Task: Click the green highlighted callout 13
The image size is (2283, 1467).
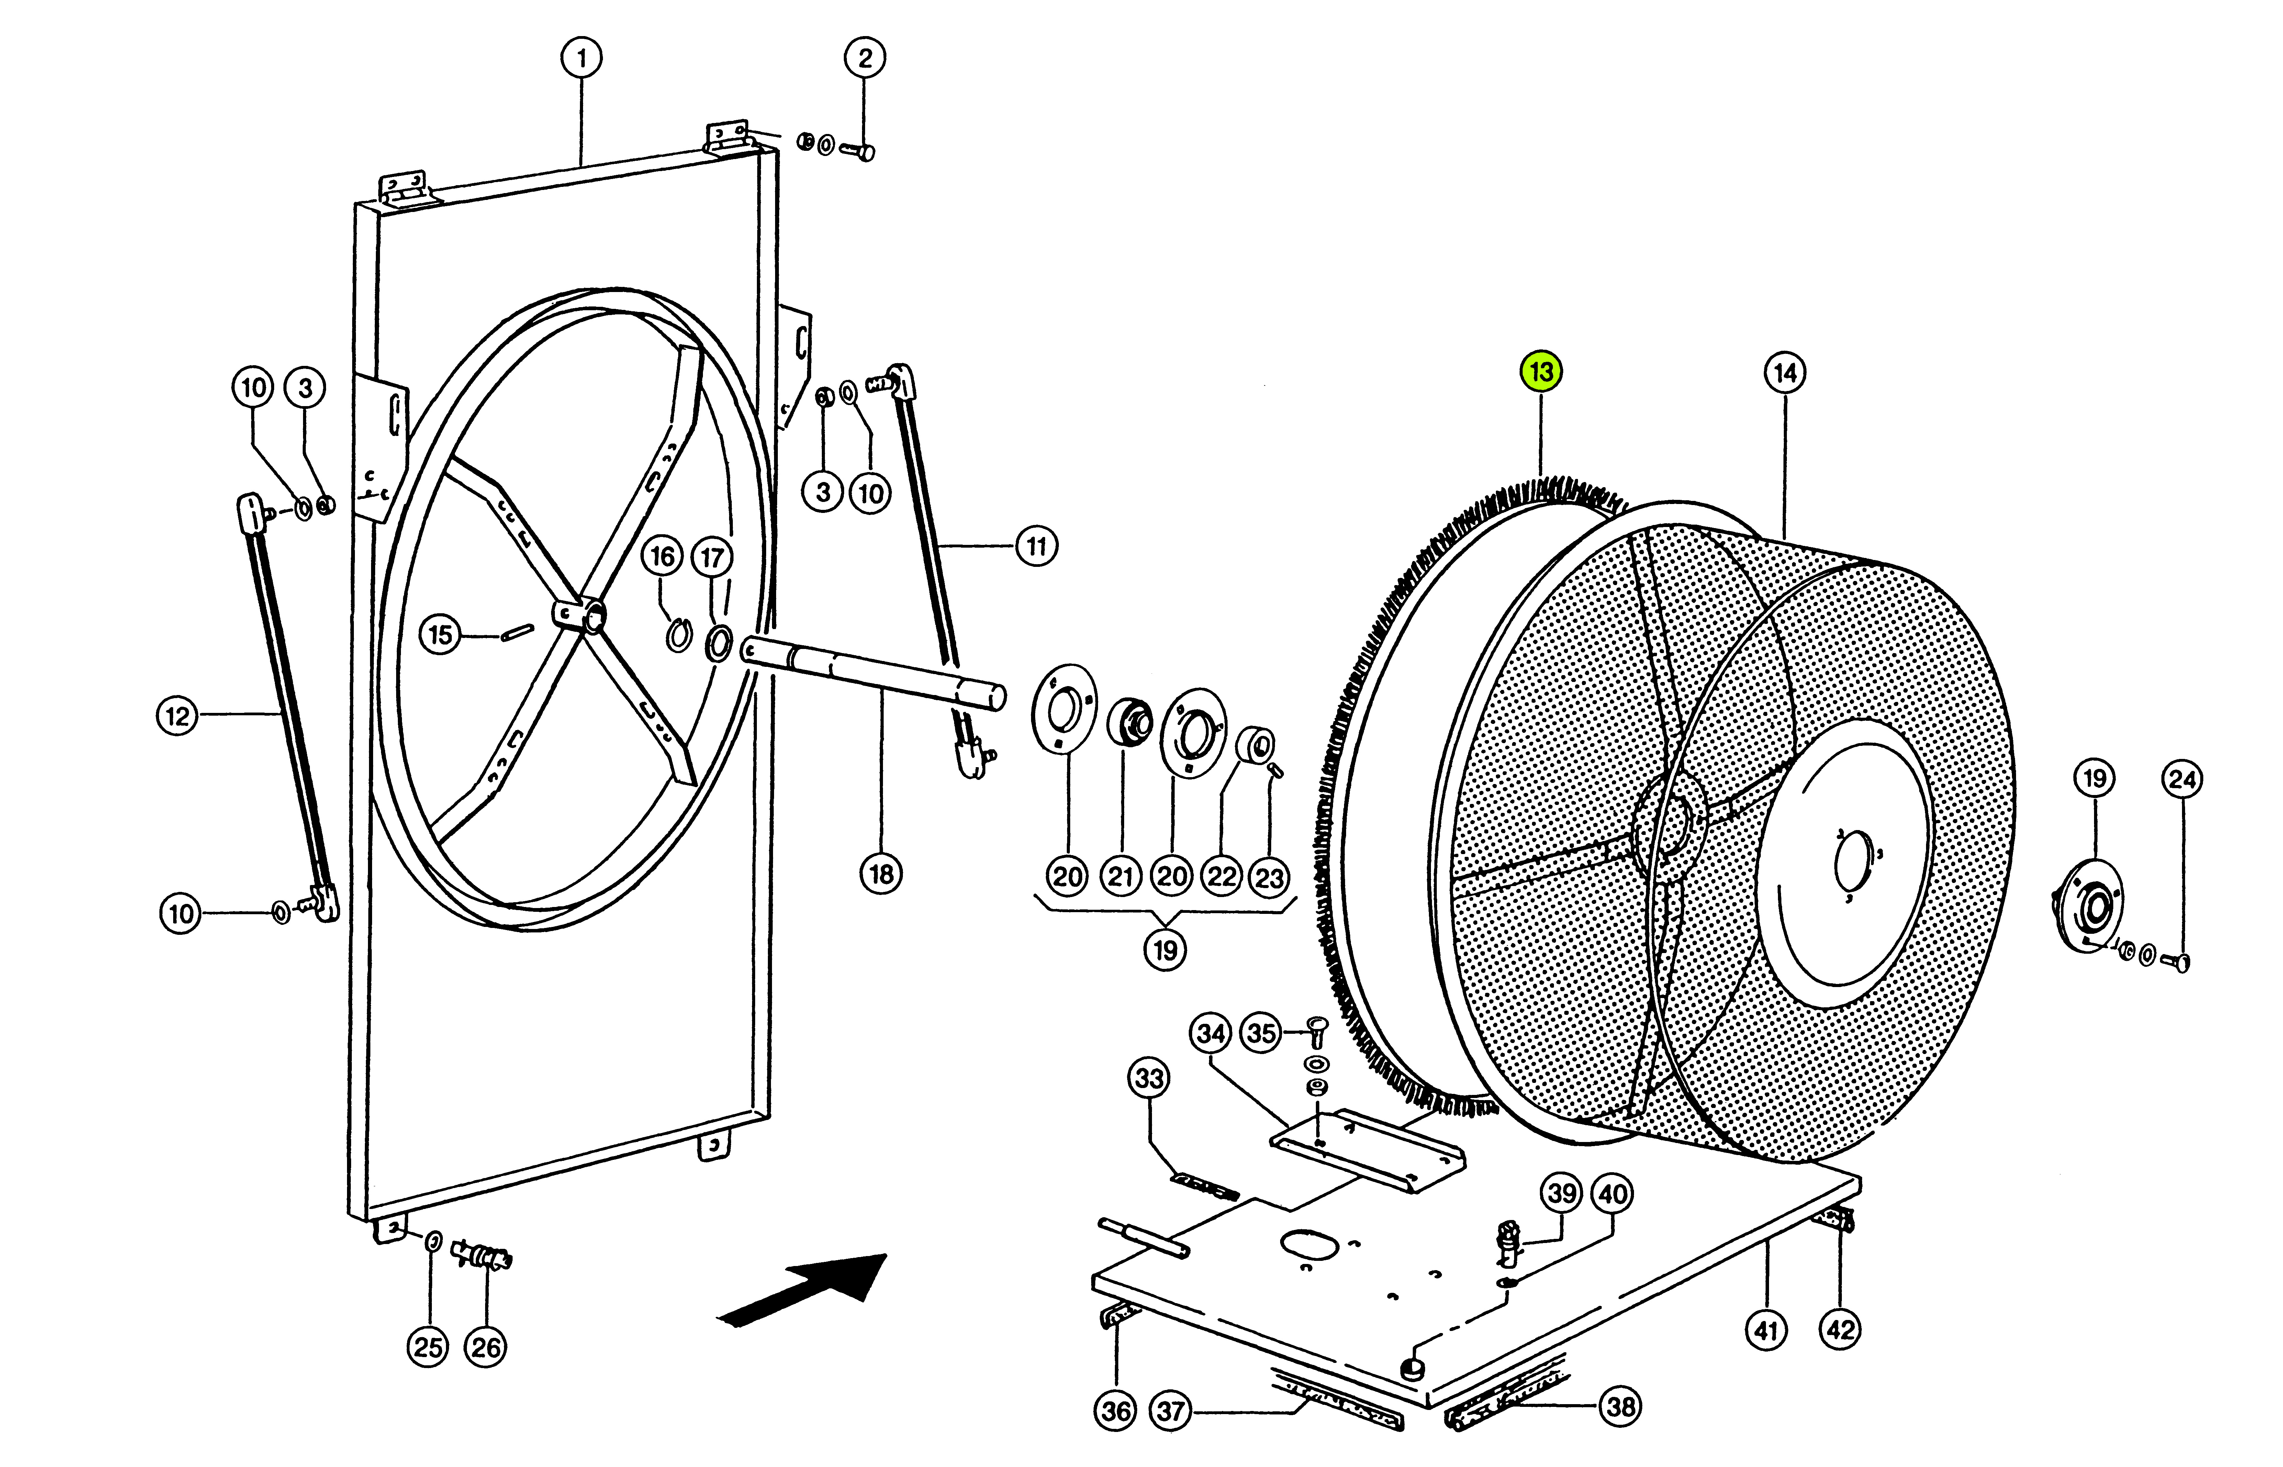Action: coord(1541,371)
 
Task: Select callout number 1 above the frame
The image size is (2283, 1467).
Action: coord(581,58)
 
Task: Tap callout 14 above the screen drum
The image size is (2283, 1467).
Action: coord(1785,372)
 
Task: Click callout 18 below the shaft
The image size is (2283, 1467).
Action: coord(881,874)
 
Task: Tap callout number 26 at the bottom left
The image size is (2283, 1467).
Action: coord(486,1347)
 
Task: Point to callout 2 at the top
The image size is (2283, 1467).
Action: coord(865,58)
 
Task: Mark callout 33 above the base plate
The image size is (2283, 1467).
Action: coord(1150,1078)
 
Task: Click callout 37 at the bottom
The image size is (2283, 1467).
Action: coord(1171,1410)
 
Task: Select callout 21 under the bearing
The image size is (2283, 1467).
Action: coord(1121,875)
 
